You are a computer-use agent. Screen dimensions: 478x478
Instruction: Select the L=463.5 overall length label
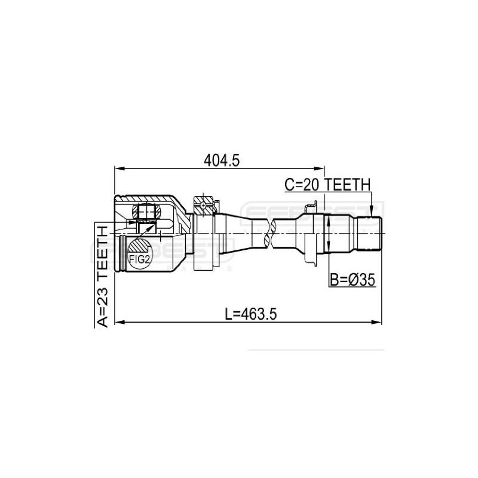[249, 314]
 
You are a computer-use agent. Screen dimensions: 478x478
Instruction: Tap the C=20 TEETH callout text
[327, 186]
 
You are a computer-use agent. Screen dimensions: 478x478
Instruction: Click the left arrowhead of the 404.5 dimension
[117, 168]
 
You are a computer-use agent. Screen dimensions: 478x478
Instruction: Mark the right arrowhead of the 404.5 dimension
[321, 168]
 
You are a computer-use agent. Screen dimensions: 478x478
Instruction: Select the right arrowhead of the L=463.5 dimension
[379, 323]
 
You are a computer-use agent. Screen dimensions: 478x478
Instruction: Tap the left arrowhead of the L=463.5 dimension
[117, 323]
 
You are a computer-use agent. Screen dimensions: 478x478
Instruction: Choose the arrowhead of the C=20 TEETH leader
[372, 214]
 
